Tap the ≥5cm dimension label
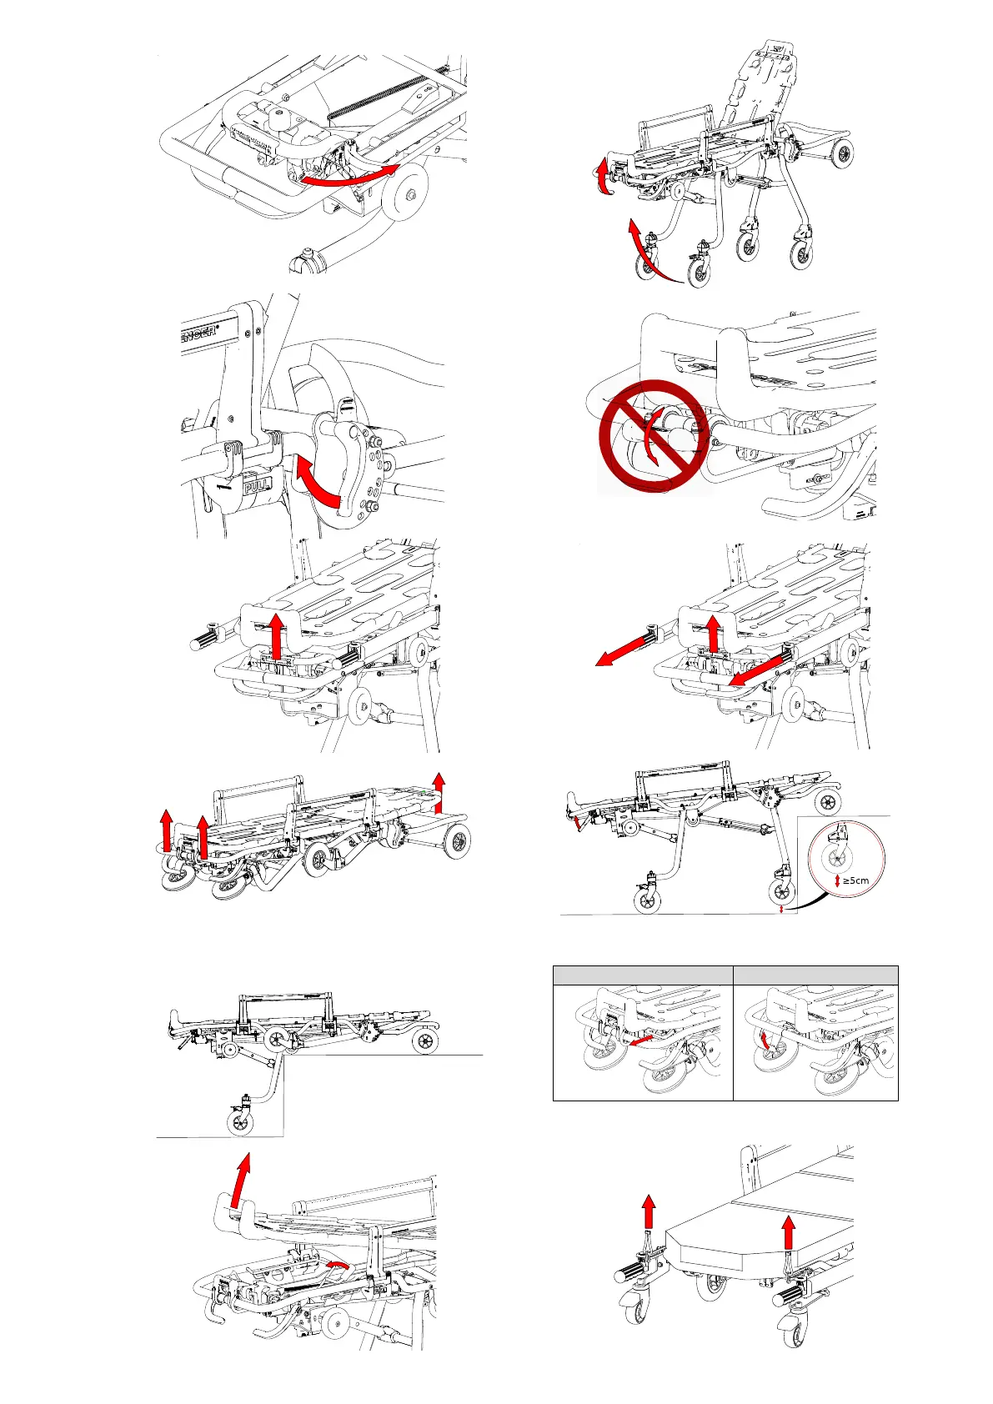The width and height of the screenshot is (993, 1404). (x=855, y=880)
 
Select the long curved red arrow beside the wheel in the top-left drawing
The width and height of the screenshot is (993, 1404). (x=349, y=176)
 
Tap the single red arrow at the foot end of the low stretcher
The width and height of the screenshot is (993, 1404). (x=439, y=791)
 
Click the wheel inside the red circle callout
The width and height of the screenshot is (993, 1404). (x=836, y=860)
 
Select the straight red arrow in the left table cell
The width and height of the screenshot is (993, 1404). (x=639, y=1041)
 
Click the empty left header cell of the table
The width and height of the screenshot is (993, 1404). (x=642, y=975)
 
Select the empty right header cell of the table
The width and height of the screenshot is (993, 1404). (x=815, y=975)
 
